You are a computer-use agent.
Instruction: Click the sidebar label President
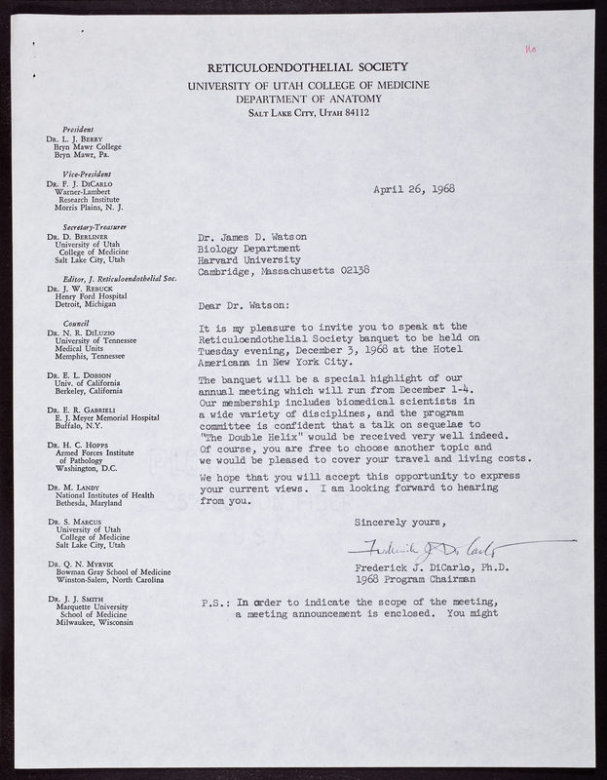point(77,131)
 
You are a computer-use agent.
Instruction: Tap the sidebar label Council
point(75,320)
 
